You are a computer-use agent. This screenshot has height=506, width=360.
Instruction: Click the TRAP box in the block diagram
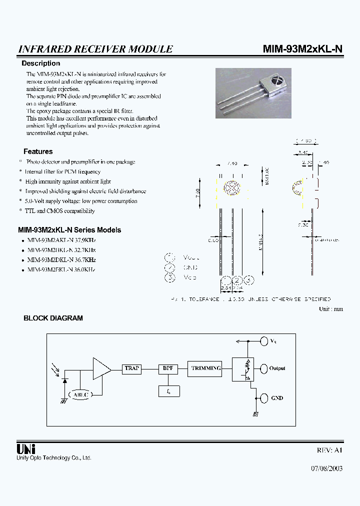(x=131, y=368)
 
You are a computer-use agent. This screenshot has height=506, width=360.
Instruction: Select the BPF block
(x=167, y=368)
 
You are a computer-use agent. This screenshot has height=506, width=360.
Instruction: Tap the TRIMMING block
(x=205, y=368)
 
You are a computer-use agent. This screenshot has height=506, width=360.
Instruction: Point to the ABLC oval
(x=80, y=394)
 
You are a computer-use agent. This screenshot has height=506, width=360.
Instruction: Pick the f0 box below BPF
(x=167, y=392)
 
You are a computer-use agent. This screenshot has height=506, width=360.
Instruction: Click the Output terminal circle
(x=263, y=368)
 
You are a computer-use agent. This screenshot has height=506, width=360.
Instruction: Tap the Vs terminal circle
(x=263, y=341)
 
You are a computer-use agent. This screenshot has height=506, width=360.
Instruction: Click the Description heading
(x=40, y=63)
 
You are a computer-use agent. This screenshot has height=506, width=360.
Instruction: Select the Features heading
(x=38, y=151)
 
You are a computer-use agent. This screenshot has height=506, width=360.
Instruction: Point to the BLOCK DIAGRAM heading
(x=53, y=318)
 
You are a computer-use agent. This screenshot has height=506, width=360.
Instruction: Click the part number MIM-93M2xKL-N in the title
(x=302, y=48)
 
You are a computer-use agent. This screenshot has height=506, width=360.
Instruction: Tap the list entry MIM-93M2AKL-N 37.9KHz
(x=61, y=240)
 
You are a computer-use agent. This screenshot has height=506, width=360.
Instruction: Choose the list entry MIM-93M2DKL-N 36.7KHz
(x=61, y=260)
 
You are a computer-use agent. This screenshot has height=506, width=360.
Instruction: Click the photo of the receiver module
(x=252, y=93)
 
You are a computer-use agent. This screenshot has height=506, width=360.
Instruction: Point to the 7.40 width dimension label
(x=232, y=163)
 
